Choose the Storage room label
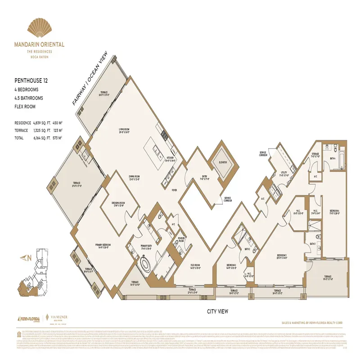(x=315, y=154)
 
